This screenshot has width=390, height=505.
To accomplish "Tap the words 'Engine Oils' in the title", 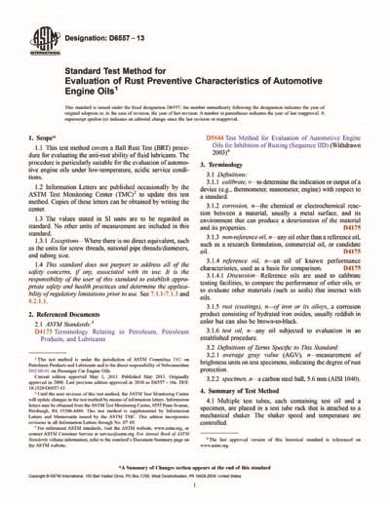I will click(x=92, y=95).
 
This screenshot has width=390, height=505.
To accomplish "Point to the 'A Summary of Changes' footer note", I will click(x=195, y=470).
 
